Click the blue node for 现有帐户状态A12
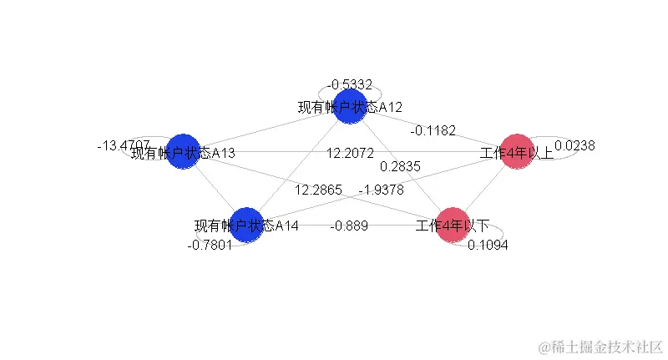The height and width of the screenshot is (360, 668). tap(350, 108)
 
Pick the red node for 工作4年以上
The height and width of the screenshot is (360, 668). tap(517, 151)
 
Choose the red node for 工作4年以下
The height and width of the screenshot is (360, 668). tap(453, 225)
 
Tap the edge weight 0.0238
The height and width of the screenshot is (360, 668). tap(574, 145)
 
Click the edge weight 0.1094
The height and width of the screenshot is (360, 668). tap(488, 245)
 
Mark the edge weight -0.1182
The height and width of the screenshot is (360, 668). tap(433, 130)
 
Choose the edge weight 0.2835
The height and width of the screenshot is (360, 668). tap(400, 166)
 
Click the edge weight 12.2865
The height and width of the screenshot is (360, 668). tap(318, 190)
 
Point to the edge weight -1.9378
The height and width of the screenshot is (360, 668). tap(381, 190)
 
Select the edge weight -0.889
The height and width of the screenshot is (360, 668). tap(349, 226)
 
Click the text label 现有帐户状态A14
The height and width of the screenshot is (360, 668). tap(246, 226)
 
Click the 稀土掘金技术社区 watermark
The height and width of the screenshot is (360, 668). tap(600, 345)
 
